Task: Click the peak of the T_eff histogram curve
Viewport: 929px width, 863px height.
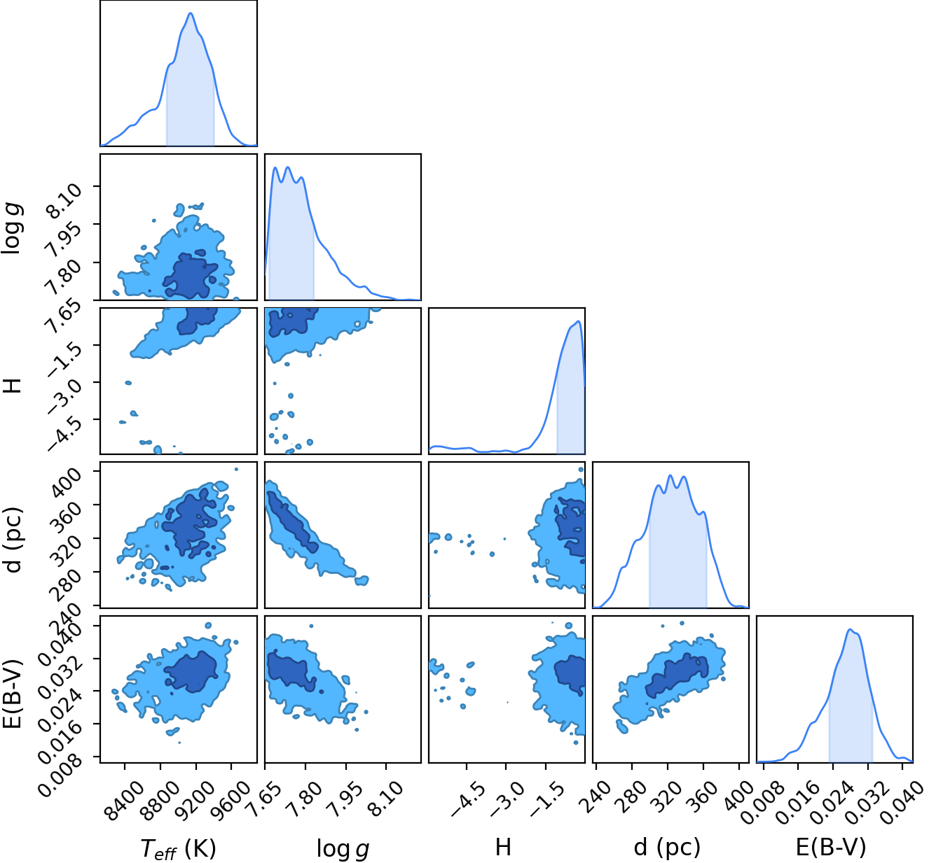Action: click(191, 13)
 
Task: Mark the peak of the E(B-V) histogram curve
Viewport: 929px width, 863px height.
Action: click(850, 629)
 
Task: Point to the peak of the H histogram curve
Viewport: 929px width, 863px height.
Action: click(579, 321)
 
